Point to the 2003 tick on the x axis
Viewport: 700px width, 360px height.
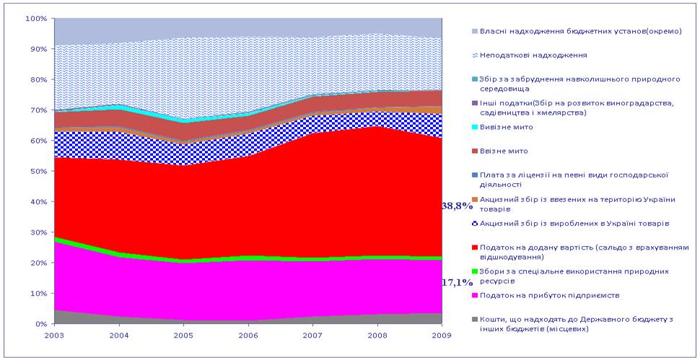click(x=54, y=335)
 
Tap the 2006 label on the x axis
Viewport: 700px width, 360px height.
click(x=249, y=335)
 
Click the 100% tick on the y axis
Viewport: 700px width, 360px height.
click(x=35, y=18)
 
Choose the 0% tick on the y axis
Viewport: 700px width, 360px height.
click(x=40, y=324)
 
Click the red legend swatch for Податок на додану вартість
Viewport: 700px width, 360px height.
click(x=474, y=247)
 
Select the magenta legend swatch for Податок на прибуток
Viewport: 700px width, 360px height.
click(x=474, y=295)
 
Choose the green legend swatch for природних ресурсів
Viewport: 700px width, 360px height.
click(x=474, y=271)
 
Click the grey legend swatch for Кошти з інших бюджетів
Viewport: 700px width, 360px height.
click(x=474, y=319)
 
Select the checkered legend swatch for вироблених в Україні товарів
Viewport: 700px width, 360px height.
click(x=474, y=223)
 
